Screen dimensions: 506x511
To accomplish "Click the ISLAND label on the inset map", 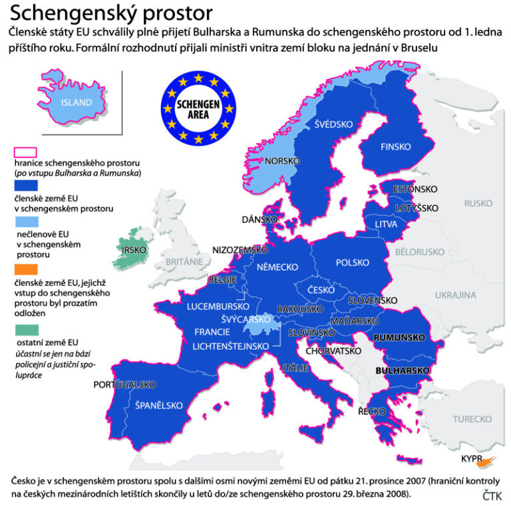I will [x=77, y=102].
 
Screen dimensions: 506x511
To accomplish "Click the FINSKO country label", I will [x=395, y=147].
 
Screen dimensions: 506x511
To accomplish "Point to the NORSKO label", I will [x=281, y=162].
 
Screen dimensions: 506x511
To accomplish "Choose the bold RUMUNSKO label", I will [x=399, y=338].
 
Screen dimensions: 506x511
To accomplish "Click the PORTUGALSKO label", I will [x=124, y=384].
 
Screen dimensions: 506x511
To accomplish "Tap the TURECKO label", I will [x=472, y=419].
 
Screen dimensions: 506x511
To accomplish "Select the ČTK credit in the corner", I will [x=492, y=495].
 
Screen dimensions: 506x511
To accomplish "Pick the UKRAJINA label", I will [x=456, y=294].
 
